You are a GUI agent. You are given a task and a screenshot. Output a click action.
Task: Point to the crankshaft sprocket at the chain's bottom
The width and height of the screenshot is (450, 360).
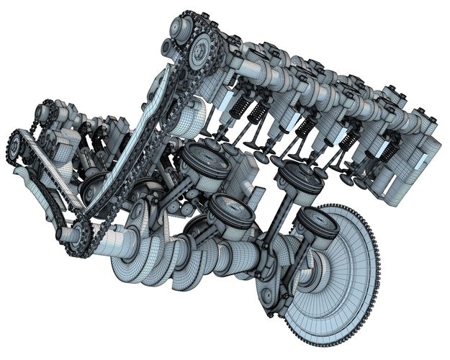78,234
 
